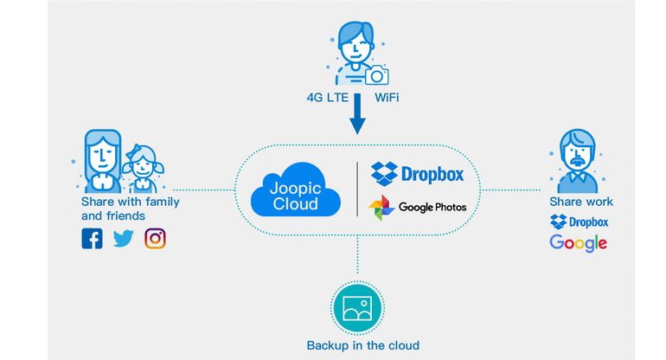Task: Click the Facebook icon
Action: click(92, 238)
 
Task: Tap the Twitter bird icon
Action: click(124, 238)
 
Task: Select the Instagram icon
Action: click(155, 238)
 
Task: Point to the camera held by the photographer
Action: click(376, 76)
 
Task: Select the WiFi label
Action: click(387, 98)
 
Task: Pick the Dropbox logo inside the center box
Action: click(417, 173)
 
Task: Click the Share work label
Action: click(581, 202)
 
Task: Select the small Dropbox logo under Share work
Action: click(580, 222)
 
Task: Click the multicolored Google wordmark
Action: click(579, 243)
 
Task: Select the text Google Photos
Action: click(432, 208)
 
